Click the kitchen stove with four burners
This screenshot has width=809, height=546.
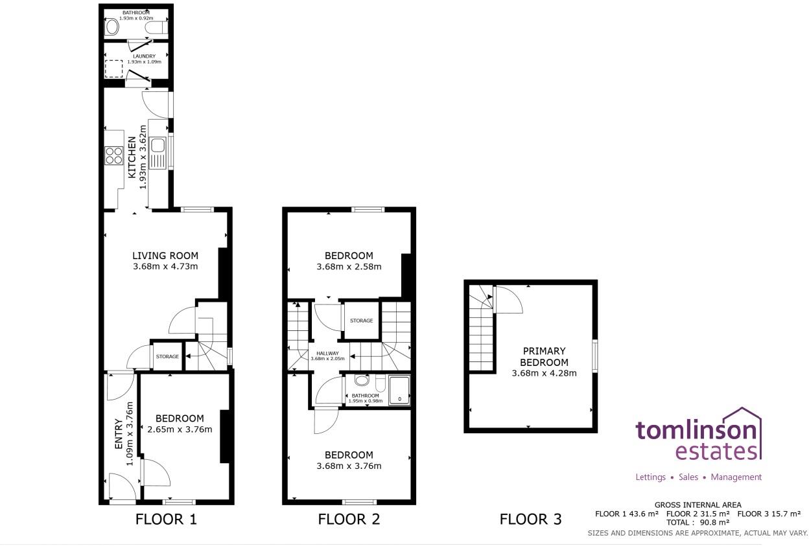[114, 156]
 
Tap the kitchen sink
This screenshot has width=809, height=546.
[158, 153]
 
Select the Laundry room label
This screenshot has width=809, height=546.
[136, 56]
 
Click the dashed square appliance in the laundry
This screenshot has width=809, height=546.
[114, 69]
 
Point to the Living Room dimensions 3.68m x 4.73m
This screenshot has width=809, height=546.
[165, 266]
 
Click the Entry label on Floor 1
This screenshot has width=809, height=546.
[119, 434]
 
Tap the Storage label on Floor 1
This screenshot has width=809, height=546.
[167, 356]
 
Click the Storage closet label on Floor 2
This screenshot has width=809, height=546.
[361, 321]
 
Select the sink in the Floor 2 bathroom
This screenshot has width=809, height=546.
[361, 381]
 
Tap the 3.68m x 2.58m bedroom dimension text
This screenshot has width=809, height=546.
[349, 266]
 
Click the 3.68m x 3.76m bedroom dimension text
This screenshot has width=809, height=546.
[349, 466]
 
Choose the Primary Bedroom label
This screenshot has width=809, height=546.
[544, 357]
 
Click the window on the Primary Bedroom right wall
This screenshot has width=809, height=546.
[594, 356]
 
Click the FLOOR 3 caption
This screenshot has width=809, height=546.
[530, 519]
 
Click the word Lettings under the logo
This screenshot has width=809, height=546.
[650, 477]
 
